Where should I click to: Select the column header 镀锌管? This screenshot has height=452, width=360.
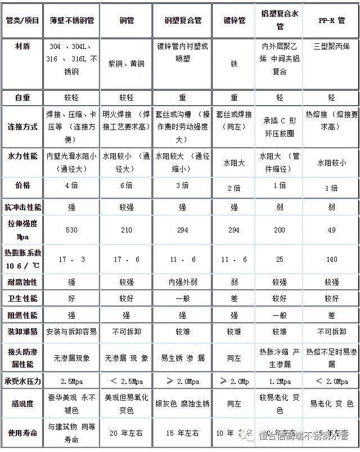234,20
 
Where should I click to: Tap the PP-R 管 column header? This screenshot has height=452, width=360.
331,20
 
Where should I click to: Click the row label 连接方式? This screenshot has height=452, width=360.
22,127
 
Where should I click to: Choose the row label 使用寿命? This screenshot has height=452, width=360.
22,433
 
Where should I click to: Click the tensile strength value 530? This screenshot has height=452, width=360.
71,230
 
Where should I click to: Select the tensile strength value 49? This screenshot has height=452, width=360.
331,230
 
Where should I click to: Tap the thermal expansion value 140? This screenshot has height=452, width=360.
331,259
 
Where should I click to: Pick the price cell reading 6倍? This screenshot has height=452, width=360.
125,185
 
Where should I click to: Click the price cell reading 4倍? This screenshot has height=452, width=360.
71,185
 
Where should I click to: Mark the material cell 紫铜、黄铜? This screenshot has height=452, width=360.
125,64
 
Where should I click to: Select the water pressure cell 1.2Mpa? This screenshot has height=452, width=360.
280,382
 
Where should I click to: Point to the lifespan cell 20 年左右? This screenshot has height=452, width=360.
125,433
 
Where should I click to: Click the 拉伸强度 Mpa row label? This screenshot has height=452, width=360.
22,230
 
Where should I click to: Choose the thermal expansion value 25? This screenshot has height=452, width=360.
280,259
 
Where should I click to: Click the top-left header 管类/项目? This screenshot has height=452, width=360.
22,20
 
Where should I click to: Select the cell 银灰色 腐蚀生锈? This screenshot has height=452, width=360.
182,404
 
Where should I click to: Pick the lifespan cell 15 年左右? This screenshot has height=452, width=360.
182,433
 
